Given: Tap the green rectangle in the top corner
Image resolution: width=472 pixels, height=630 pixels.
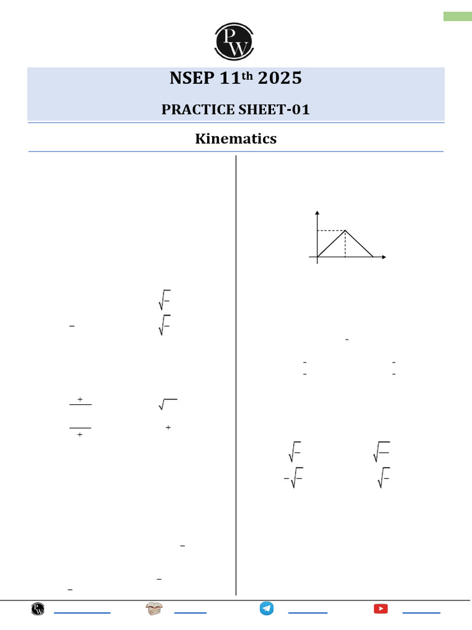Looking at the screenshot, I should pyautogui.click(x=457, y=17).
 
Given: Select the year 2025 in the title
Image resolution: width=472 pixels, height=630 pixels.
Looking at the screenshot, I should pyautogui.click(x=280, y=79).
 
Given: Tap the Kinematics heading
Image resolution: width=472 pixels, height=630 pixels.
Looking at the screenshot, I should pyautogui.click(x=236, y=139).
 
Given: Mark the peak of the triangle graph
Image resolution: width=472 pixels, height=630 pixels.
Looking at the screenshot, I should pyautogui.click(x=345, y=231).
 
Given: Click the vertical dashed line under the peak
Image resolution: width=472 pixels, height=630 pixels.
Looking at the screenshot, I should pyautogui.click(x=345, y=244).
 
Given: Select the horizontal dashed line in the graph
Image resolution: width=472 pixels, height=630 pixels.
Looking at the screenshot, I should pyautogui.click(x=331, y=231).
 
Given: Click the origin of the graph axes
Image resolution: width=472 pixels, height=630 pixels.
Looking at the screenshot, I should pyautogui.click(x=317, y=257).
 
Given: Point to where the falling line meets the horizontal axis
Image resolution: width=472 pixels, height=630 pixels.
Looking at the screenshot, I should pyautogui.click(x=373, y=257).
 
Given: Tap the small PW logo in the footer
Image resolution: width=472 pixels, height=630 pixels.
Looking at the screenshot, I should pyautogui.click(x=38, y=609).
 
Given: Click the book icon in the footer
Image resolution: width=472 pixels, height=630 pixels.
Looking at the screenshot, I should pyautogui.click(x=154, y=609).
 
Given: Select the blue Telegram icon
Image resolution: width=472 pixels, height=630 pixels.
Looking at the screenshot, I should pyautogui.click(x=266, y=608).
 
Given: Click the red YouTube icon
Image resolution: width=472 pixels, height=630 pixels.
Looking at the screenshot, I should pyautogui.click(x=380, y=609).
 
